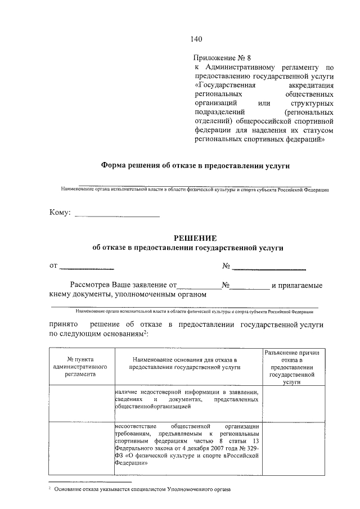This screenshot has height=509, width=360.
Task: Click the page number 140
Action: pos(196,39)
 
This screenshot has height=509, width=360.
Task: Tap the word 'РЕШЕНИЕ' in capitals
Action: pos(188,238)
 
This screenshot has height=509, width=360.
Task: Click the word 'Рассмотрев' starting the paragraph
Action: pos(90,285)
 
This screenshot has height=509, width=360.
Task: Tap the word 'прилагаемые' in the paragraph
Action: pos(297,285)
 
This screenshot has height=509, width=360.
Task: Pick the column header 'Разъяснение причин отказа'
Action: pos(291,366)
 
